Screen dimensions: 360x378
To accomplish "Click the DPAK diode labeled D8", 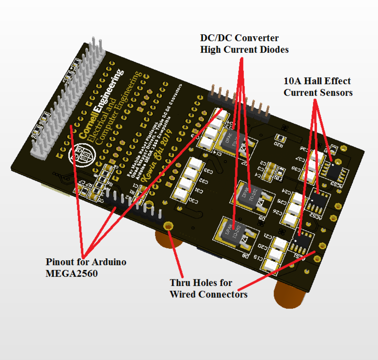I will [232, 233].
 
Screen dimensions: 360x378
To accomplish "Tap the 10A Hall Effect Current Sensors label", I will [318, 87].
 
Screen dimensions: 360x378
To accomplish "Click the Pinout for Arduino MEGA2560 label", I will [86, 267].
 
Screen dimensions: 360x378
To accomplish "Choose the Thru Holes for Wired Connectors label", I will [208, 289].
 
